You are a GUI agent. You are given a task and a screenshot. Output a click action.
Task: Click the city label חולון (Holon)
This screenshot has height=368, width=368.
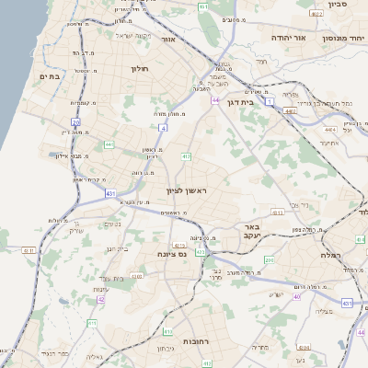click(140, 68)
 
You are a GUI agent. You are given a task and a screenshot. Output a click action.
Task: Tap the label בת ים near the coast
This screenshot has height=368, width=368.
click(49, 77)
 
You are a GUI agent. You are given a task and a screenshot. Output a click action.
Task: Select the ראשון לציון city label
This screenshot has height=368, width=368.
click(188, 190)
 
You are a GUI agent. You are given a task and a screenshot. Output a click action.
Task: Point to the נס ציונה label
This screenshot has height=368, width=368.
click(171, 254)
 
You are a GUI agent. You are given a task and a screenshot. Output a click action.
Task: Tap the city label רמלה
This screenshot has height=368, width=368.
click(332, 254)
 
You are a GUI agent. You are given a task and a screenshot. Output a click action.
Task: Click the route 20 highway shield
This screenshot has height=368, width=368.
click(76, 121)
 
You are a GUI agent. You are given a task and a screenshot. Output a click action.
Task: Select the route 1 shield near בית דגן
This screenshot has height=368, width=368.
click(270, 102)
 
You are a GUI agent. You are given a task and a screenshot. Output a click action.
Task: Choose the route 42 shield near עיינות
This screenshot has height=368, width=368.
click(100, 300)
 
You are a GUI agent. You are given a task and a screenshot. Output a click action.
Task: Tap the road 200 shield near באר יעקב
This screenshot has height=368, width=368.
click(270, 261)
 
